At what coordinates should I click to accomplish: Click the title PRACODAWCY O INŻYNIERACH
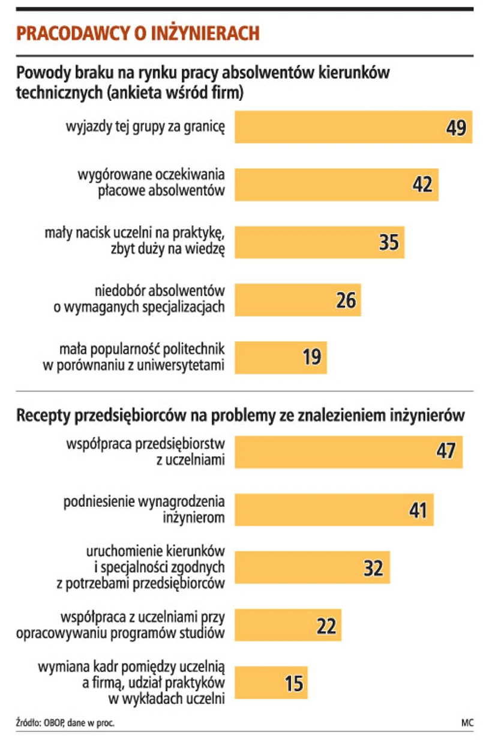tap(138, 33)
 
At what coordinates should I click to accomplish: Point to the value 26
tap(346, 300)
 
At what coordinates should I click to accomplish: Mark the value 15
tap(293, 683)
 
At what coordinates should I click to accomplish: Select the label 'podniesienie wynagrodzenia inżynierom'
tap(144, 510)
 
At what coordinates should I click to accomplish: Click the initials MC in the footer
tap(467, 722)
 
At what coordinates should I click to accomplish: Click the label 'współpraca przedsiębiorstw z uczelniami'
tap(145, 452)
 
